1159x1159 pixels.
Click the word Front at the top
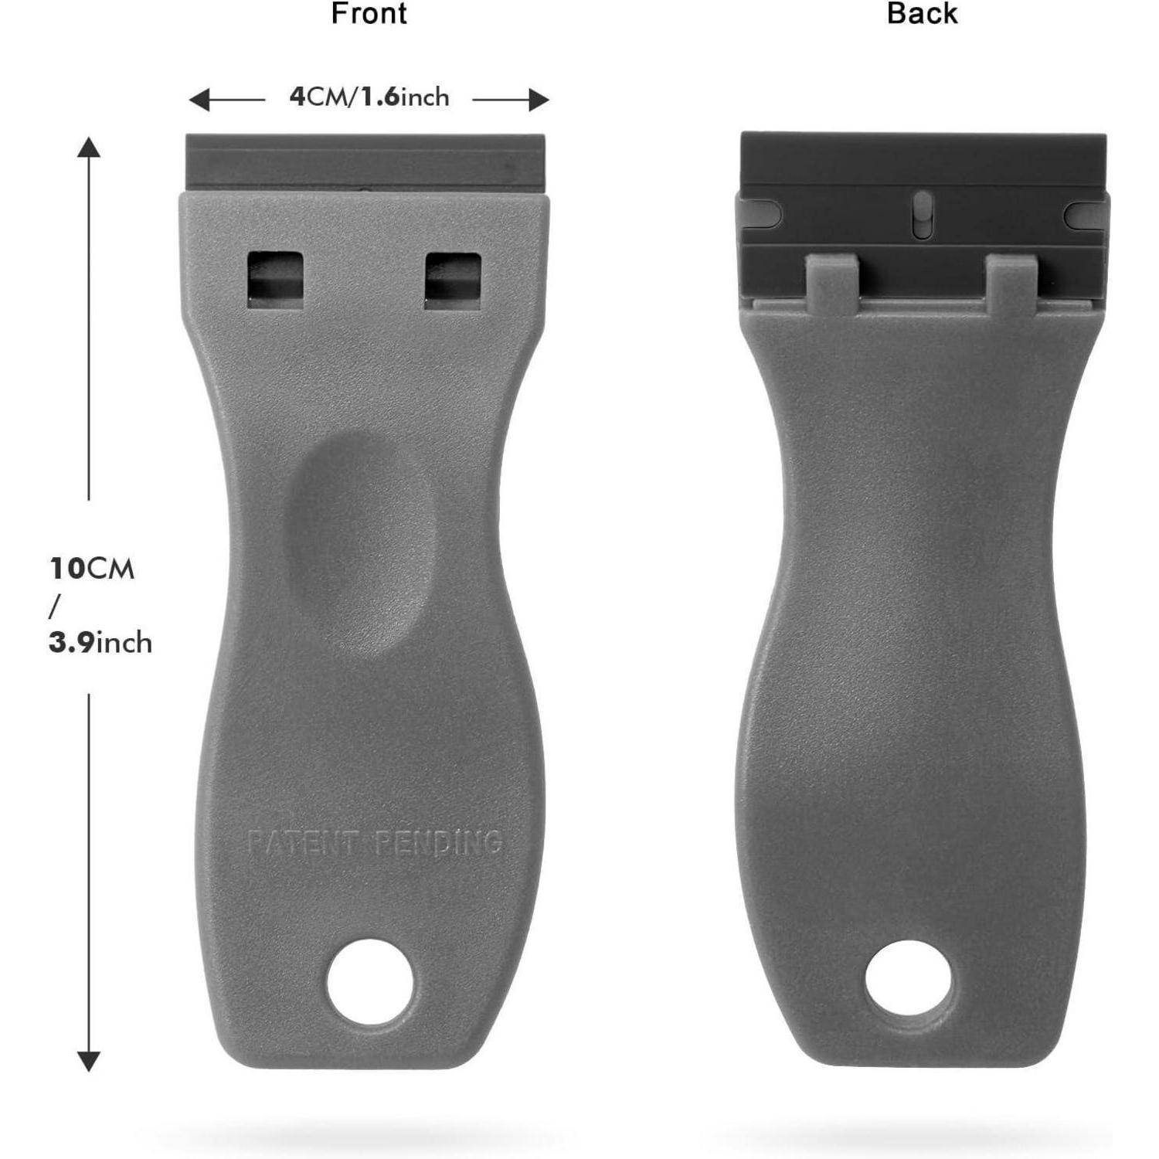[x=369, y=14]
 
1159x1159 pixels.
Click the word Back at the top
[x=922, y=14]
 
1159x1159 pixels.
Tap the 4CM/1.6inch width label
[x=369, y=97]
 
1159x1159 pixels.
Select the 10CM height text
[x=92, y=569]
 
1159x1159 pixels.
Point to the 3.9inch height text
[x=100, y=642]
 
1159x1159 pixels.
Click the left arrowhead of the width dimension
[x=199, y=99]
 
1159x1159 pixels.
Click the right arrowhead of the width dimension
[x=539, y=99]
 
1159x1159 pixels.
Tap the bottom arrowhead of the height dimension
[x=89, y=1061]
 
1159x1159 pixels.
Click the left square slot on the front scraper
[x=274, y=280]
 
